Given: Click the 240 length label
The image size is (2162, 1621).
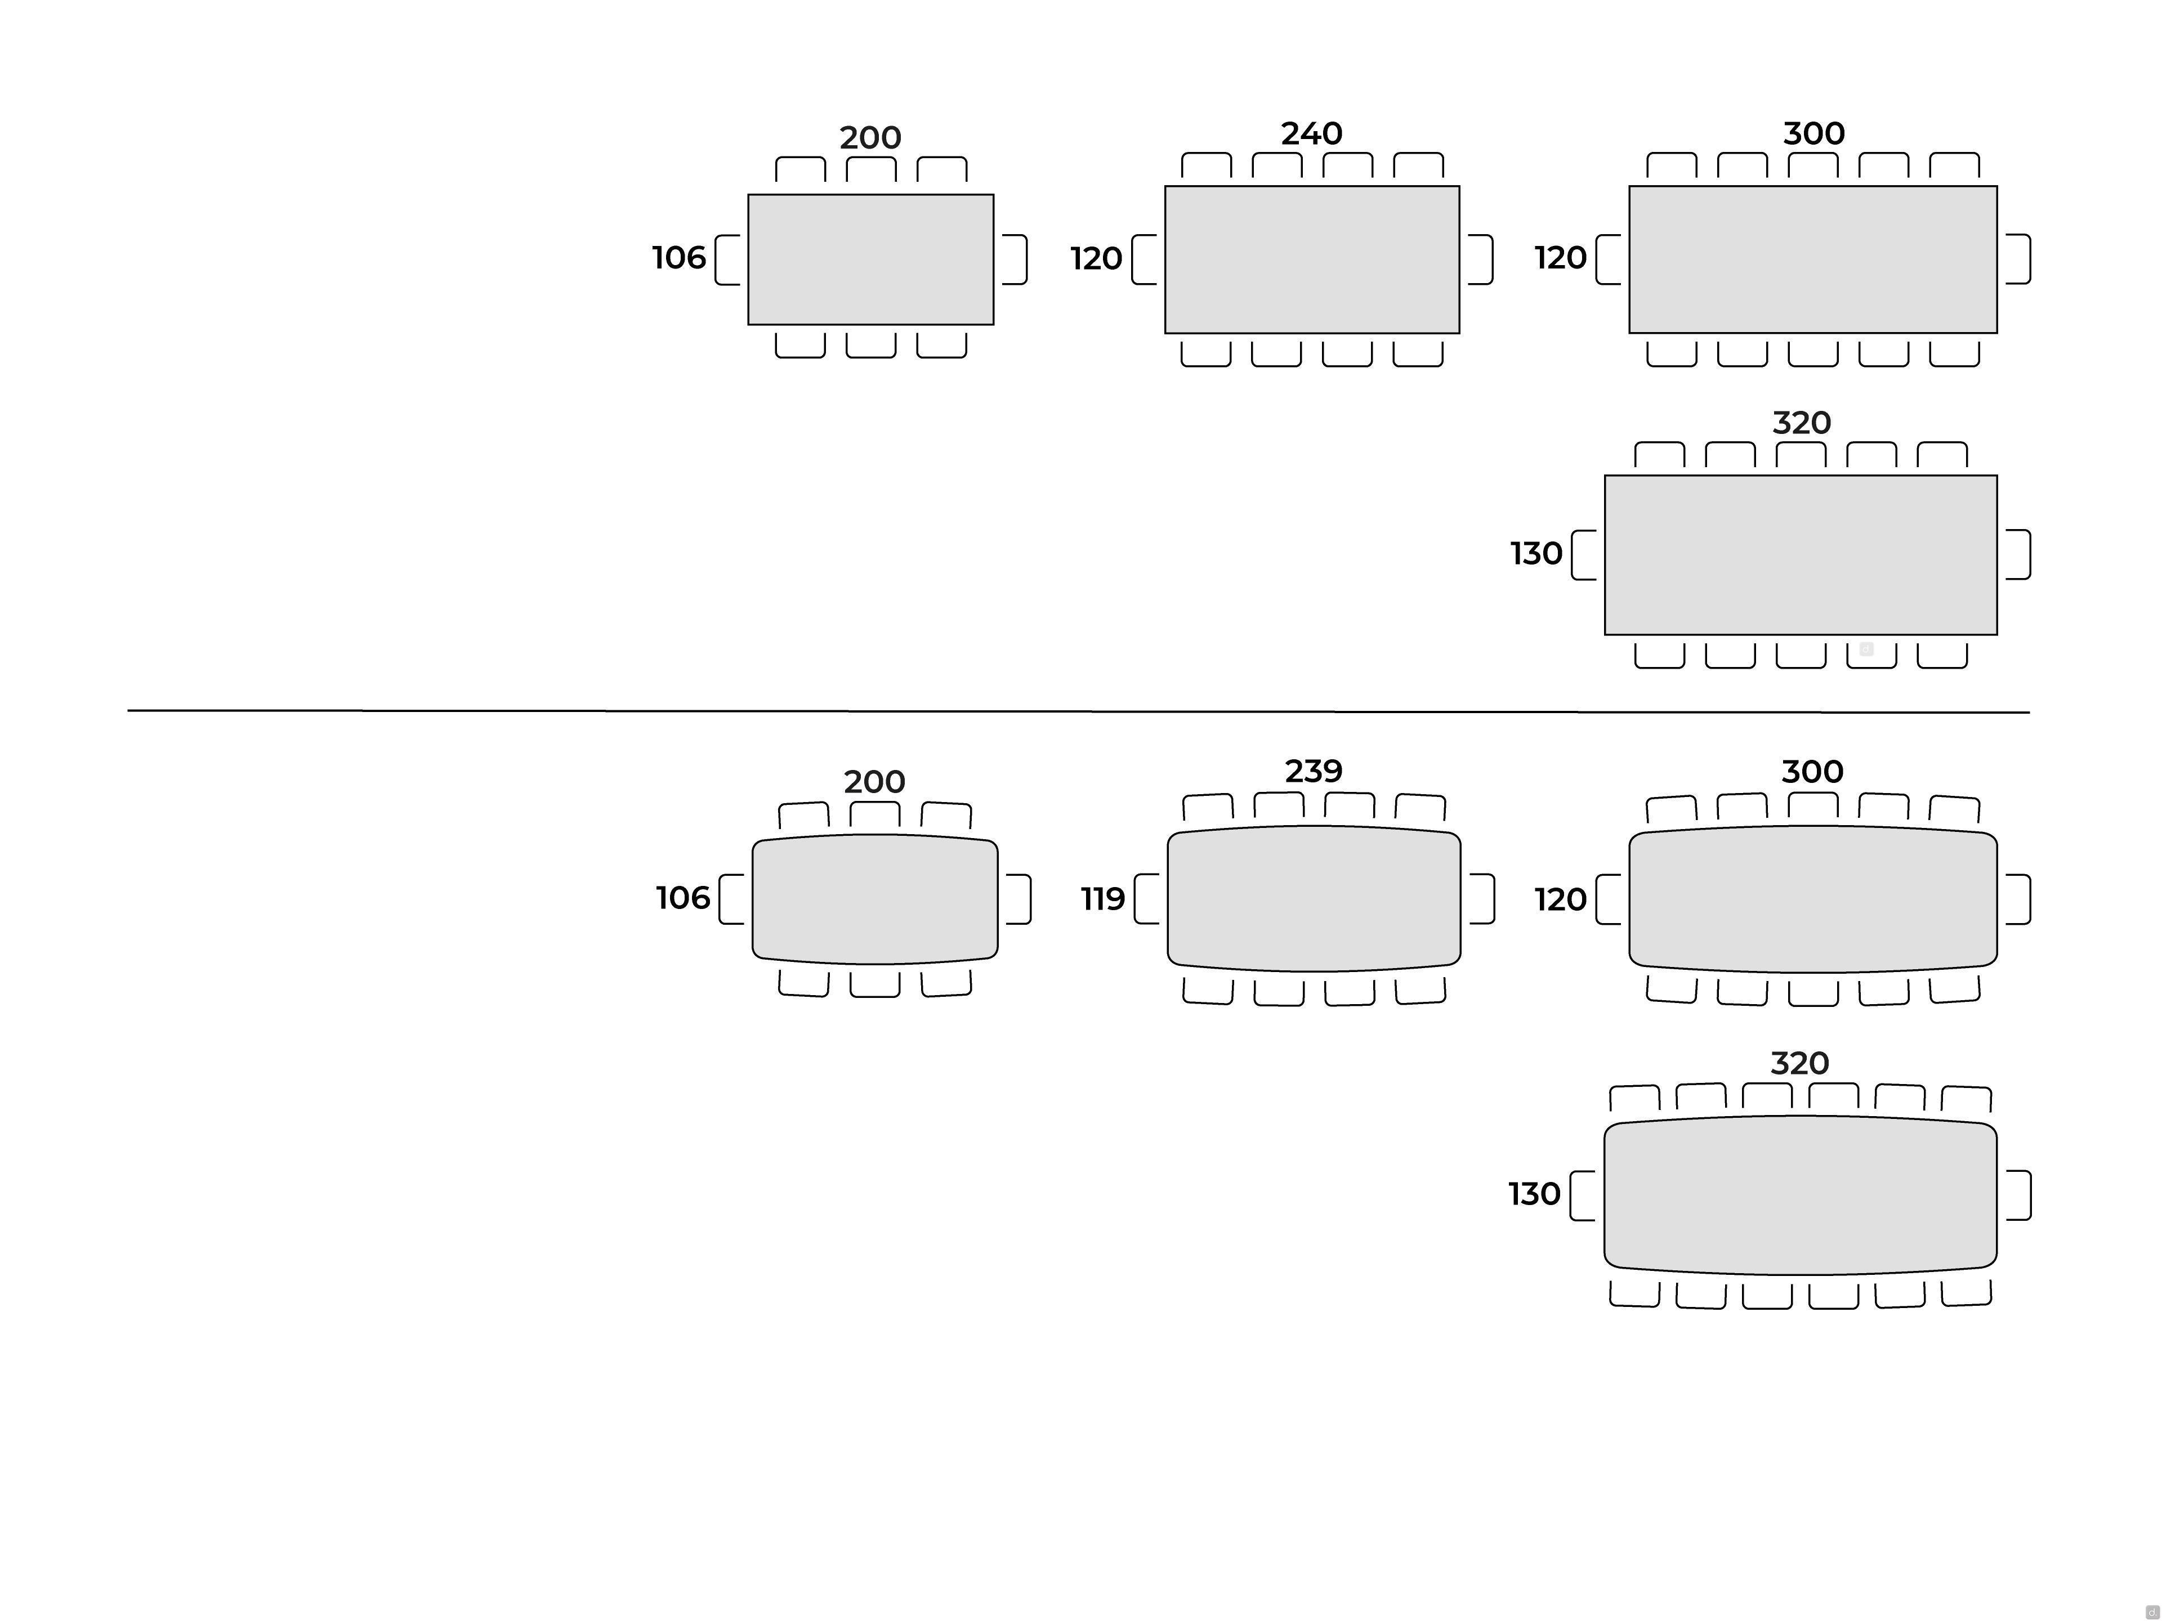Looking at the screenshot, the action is (1312, 133).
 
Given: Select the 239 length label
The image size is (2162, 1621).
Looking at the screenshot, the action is (1314, 771).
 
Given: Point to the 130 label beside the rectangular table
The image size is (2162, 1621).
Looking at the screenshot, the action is (1536, 554).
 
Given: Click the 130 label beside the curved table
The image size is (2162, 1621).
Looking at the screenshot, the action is (1534, 1194).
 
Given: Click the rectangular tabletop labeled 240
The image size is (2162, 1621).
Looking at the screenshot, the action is (1312, 260).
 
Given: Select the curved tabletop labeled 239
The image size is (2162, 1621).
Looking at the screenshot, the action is (1314, 899).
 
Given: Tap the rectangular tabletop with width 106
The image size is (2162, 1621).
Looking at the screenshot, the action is (871, 259).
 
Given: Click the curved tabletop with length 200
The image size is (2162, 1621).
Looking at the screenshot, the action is (875, 899).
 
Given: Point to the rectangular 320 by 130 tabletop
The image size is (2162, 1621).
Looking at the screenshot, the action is (1801, 555).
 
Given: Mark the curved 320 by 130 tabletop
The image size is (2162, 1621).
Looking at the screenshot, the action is (1801, 1195).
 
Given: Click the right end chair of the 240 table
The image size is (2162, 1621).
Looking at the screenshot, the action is (1481, 260).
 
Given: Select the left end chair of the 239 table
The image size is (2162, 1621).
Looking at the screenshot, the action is (1146, 899).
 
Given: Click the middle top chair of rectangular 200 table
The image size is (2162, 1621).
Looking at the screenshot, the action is (871, 169).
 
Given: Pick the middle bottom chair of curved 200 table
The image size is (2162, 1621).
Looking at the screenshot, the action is (875, 984).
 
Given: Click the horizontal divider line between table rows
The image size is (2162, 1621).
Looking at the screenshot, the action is (1079, 711).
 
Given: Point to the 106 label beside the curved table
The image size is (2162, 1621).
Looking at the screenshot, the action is (682, 898).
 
